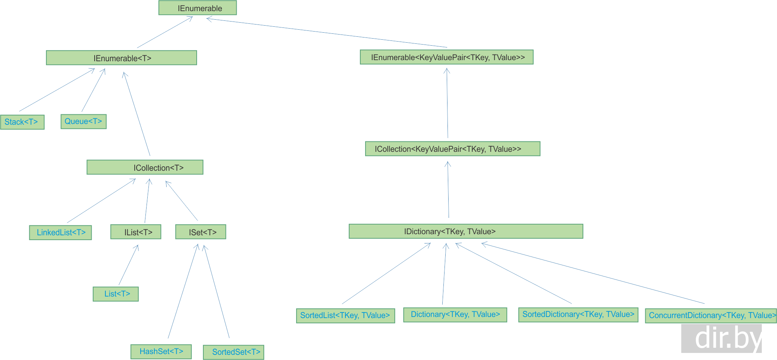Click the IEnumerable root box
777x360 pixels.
[x=197, y=8]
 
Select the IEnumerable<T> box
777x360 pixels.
[x=121, y=58]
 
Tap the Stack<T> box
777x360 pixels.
[x=22, y=122]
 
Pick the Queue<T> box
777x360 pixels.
[x=83, y=121]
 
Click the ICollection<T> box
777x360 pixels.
[x=145, y=167]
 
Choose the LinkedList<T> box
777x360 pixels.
[x=60, y=233]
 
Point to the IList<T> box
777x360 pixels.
[x=136, y=232]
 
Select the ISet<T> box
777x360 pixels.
[x=201, y=232]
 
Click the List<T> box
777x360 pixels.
[x=116, y=294]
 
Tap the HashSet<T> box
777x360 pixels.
[x=161, y=351]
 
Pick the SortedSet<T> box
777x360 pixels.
[x=234, y=352]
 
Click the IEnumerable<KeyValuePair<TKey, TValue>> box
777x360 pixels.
[x=447, y=57]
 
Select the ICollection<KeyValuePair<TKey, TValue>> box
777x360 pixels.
[x=453, y=149]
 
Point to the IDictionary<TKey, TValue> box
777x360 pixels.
[x=466, y=231]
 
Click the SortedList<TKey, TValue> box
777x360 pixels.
[x=345, y=315]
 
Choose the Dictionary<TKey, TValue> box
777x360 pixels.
[x=455, y=315]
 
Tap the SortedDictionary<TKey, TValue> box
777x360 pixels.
[x=578, y=315]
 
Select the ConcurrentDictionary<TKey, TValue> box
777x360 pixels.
[x=711, y=316]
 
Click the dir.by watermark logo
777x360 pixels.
[x=721, y=338]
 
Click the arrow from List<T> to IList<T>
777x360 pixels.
[x=128, y=265]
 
